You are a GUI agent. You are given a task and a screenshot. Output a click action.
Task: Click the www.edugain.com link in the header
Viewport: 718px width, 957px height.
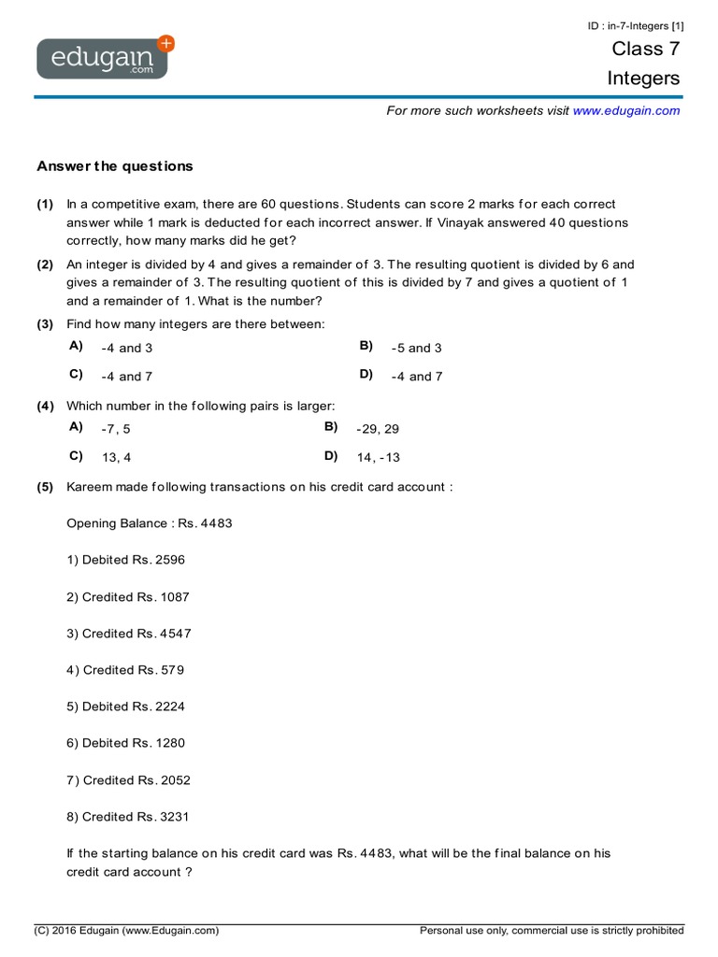tap(626, 110)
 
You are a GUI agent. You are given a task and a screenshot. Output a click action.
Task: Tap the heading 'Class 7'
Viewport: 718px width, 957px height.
tap(646, 49)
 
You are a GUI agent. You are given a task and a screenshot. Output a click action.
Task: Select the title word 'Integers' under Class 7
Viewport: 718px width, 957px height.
tap(643, 79)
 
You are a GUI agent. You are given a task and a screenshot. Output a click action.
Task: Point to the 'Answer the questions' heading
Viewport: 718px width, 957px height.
tap(115, 166)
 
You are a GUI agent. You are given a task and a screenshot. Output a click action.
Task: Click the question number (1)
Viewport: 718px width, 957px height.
tap(45, 204)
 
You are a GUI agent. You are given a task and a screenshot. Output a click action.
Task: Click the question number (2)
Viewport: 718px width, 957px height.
tap(45, 264)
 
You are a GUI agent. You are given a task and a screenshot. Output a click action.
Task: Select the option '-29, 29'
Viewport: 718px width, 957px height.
tap(378, 429)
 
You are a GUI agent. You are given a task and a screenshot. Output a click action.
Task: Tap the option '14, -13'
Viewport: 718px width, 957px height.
tap(378, 458)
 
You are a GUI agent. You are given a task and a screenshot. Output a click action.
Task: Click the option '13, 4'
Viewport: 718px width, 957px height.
tap(116, 458)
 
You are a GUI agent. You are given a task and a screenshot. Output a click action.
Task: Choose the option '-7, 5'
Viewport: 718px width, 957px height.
tap(116, 429)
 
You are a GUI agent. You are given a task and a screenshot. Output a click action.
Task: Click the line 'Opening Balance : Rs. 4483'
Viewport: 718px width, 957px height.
tap(150, 523)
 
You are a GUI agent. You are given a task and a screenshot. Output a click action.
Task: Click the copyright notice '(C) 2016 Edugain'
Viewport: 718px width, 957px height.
tap(126, 931)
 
